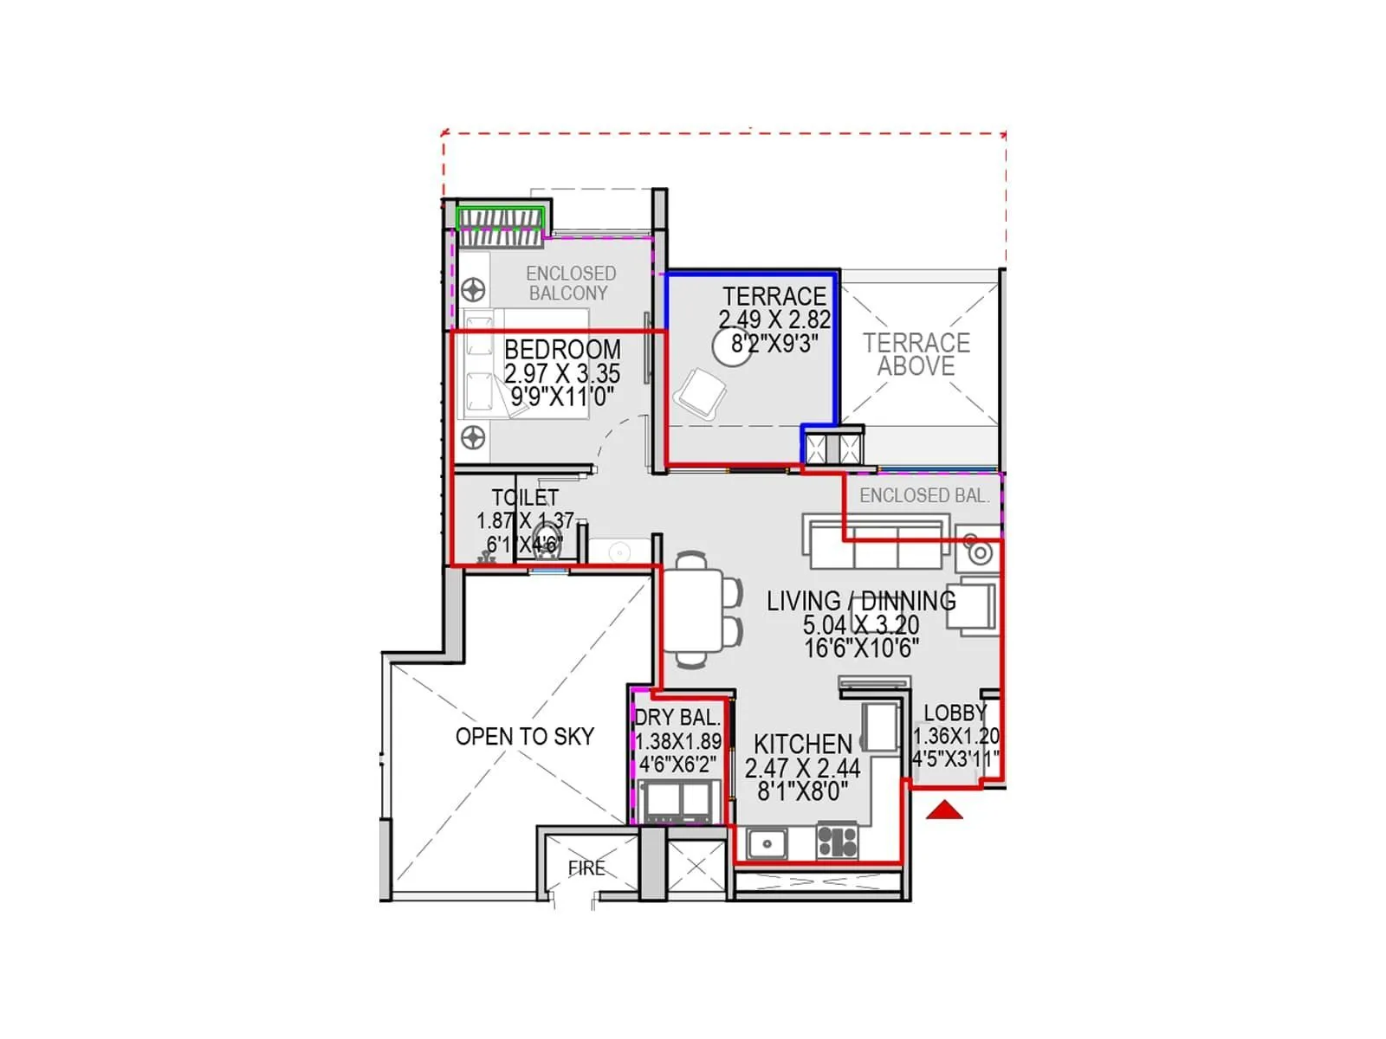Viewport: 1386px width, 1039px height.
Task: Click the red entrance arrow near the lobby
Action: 944,811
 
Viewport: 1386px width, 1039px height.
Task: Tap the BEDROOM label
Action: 562,350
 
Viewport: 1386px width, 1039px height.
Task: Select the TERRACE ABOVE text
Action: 916,355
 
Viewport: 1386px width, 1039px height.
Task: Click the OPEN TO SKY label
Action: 525,737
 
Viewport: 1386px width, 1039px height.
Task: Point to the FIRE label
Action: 586,868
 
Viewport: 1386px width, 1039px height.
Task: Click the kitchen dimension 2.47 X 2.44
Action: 802,768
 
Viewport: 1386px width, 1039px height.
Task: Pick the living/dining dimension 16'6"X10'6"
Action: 861,648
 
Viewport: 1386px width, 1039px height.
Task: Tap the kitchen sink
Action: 767,842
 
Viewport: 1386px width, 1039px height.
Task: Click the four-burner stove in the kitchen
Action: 837,842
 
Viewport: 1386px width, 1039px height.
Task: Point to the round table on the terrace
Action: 732,348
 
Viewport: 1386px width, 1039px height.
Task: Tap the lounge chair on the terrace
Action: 700,394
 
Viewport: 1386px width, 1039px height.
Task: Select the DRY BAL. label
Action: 677,718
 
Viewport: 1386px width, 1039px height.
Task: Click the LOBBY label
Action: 955,713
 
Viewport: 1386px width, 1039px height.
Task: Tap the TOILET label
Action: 525,498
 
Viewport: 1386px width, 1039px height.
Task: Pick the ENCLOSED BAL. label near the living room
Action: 923,496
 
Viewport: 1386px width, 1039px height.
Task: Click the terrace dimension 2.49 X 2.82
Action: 774,319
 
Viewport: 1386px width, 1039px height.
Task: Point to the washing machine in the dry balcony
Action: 676,801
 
